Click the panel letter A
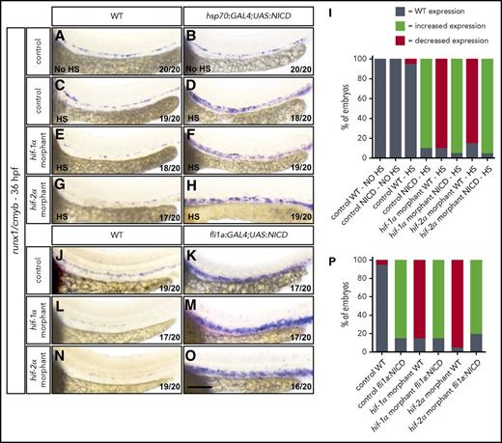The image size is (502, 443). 60,35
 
